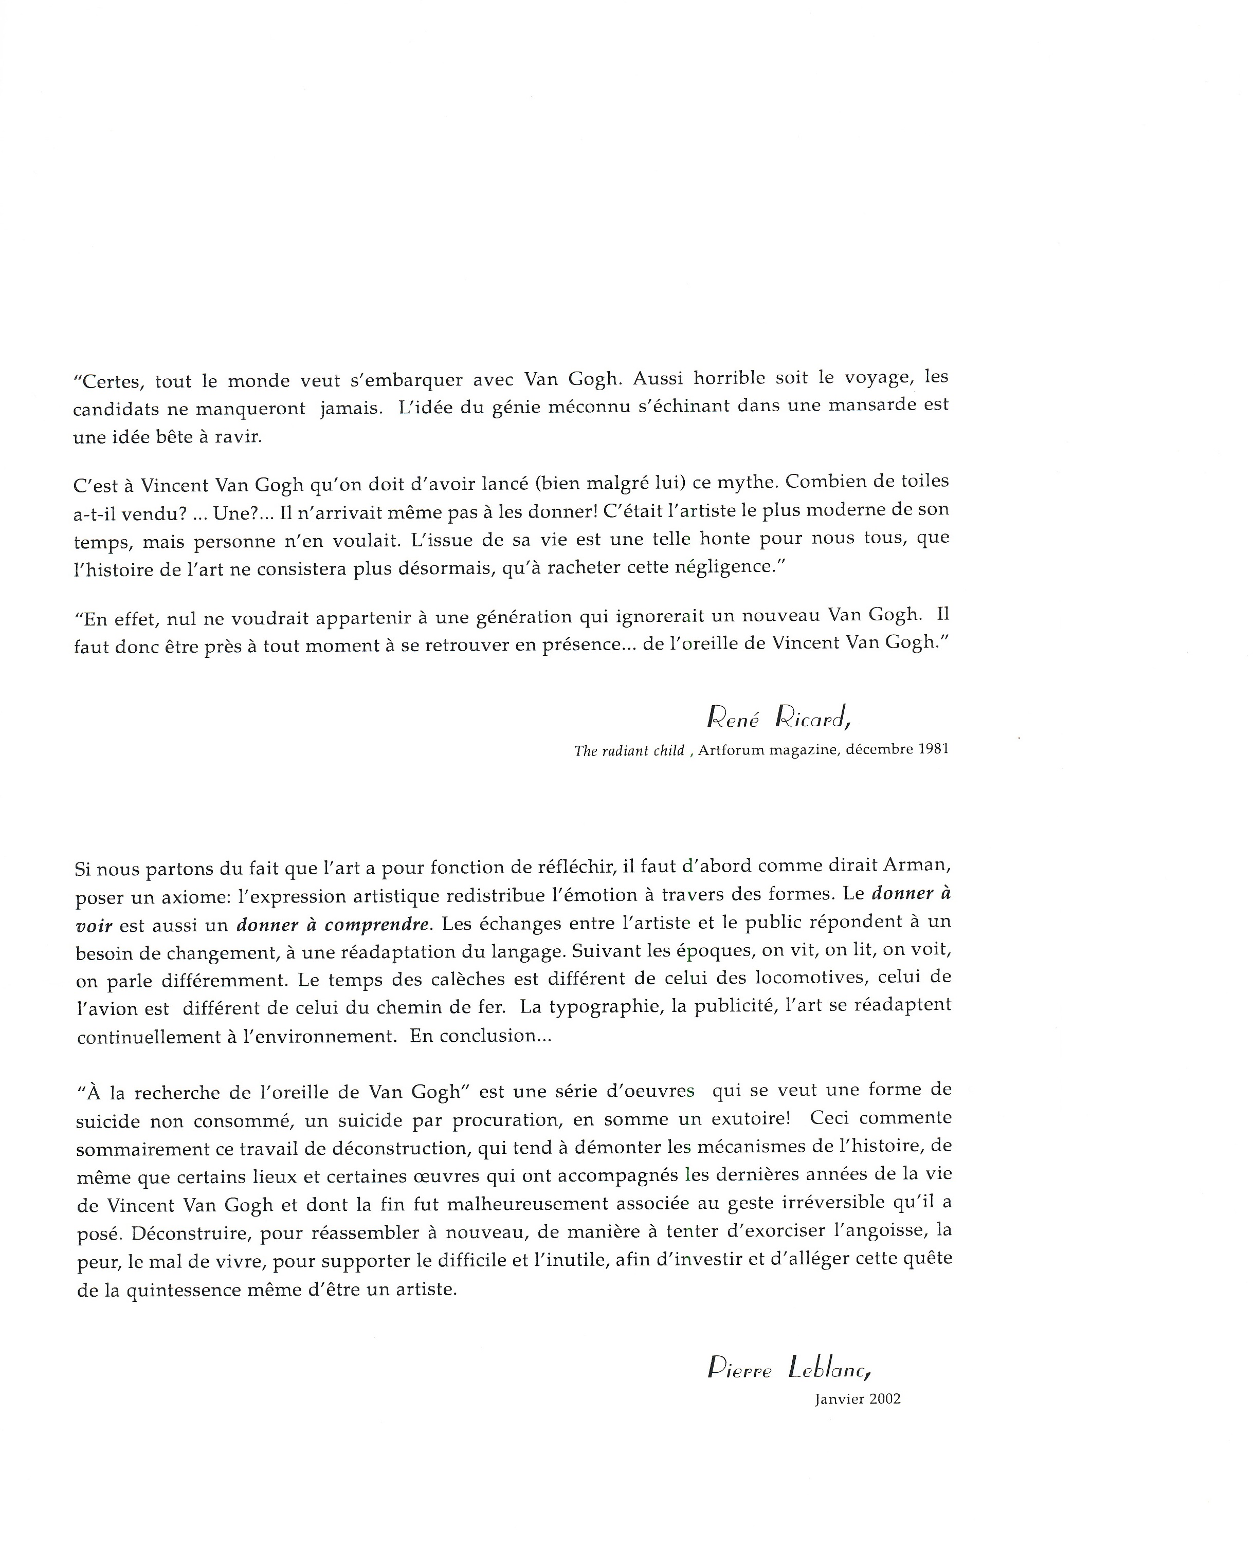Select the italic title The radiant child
pyautogui.click(x=629, y=751)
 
